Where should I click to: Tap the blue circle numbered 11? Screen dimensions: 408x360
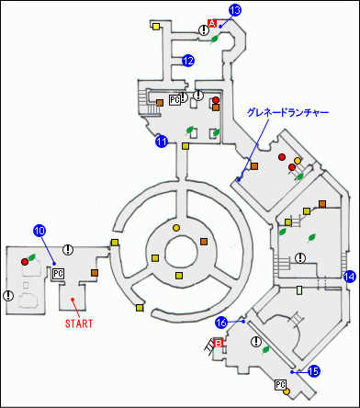pyautogui.click(x=161, y=142)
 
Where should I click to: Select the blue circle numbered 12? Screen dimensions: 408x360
pyautogui.click(x=187, y=61)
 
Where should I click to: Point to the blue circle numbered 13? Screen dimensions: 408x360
pyautogui.click(x=234, y=10)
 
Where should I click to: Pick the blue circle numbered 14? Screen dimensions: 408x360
pyautogui.click(x=349, y=276)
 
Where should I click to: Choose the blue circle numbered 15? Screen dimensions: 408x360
pyautogui.click(x=313, y=371)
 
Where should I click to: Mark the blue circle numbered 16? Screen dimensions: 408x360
pyautogui.click(x=220, y=323)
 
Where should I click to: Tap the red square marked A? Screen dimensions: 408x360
pyautogui.click(x=211, y=23)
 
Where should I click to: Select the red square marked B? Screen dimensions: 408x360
pyautogui.click(x=219, y=344)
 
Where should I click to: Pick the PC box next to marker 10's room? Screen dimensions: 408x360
pyautogui.click(x=58, y=273)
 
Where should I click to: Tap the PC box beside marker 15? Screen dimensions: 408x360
pyautogui.click(x=281, y=385)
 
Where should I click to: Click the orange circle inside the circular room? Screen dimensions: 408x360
pyautogui.click(x=175, y=227)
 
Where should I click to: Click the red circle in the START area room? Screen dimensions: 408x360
pyautogui.click(x=25, y=262)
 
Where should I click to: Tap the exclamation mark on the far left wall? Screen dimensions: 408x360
pyautogui.click(x=8, y=296)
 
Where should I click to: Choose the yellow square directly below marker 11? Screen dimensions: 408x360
pyautogui.click(x=186, y=145)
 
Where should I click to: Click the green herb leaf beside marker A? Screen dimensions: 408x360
pyautogui.click(x=215, y=40)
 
